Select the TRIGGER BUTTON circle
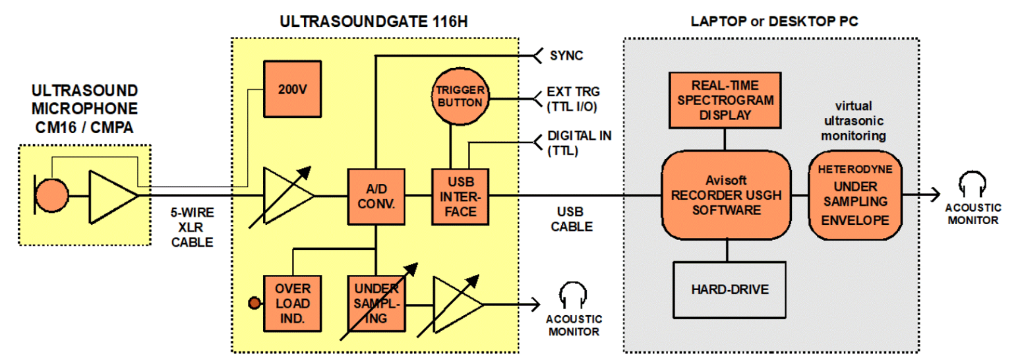(x=460, y=98)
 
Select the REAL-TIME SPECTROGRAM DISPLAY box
(x=724, y=99)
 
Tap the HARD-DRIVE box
(x=729, y=289)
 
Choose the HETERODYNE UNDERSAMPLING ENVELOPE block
(x=855, y=196)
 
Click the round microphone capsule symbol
(x=52, y=196)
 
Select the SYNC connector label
(x=566, y=55)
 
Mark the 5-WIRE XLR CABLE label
(x=193, y=227)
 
